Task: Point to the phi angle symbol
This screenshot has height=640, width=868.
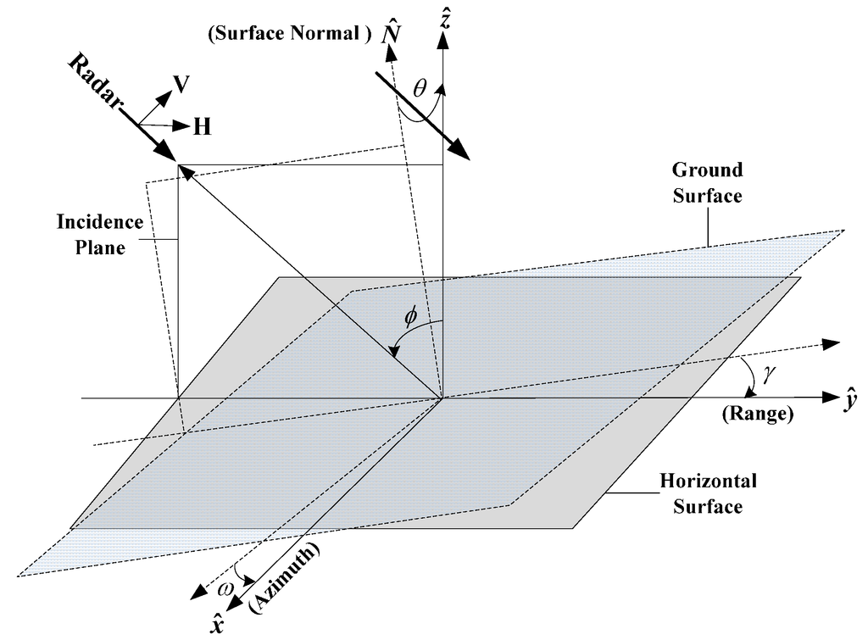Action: (x=411, y=314)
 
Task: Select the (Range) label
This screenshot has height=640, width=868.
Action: (x=756, y=415)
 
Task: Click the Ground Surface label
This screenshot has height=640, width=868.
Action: (x=708, y=182)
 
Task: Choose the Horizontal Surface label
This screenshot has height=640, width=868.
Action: (x=708, y=494)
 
